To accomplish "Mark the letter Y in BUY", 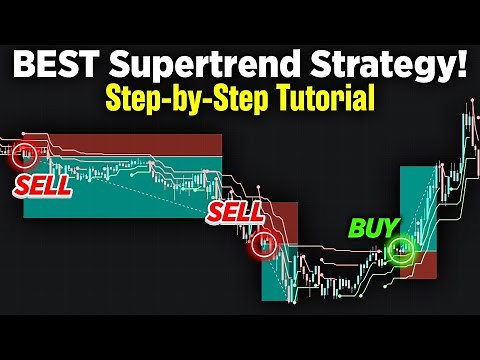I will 392,227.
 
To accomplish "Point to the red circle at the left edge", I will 22,155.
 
